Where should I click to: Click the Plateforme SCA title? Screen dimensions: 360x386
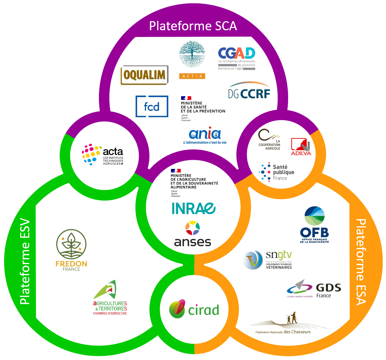(193, 26)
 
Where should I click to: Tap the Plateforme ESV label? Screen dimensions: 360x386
(25, 263)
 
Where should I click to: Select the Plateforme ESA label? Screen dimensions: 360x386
(360, 262)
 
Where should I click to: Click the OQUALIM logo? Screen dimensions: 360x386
(144, 75)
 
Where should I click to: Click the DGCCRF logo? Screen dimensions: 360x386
(249, 90)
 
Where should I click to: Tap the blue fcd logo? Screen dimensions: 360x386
(152, 106)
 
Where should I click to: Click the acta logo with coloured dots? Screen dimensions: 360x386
(103, 155)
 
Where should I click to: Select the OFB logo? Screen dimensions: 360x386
(315, 224)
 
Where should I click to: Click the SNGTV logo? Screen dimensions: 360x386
(268, 260)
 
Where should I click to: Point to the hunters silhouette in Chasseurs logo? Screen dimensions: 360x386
(291, 318)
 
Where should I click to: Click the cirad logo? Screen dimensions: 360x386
(194, 309)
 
